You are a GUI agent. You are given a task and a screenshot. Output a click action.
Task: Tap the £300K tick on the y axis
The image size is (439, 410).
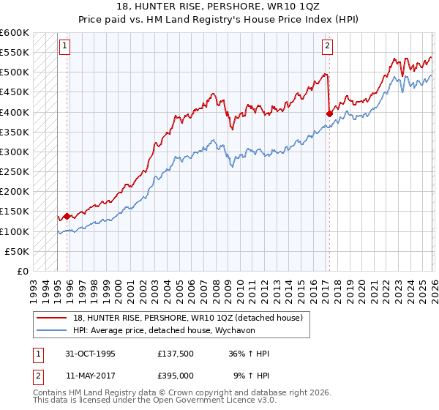pos(14,152)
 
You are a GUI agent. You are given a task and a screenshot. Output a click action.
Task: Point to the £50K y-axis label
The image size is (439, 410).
pos(17,251)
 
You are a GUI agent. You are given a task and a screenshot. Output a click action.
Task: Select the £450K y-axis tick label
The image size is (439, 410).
pos(14,92)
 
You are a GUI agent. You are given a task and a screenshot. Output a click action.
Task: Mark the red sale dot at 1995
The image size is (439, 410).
pos(67,216)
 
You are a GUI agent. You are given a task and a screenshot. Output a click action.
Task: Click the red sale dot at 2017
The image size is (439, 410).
pos(329,113)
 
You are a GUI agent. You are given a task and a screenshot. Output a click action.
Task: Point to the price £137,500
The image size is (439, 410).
pos(175,354)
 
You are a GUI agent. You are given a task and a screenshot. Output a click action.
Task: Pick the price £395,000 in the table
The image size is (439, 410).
pos(175,375)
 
